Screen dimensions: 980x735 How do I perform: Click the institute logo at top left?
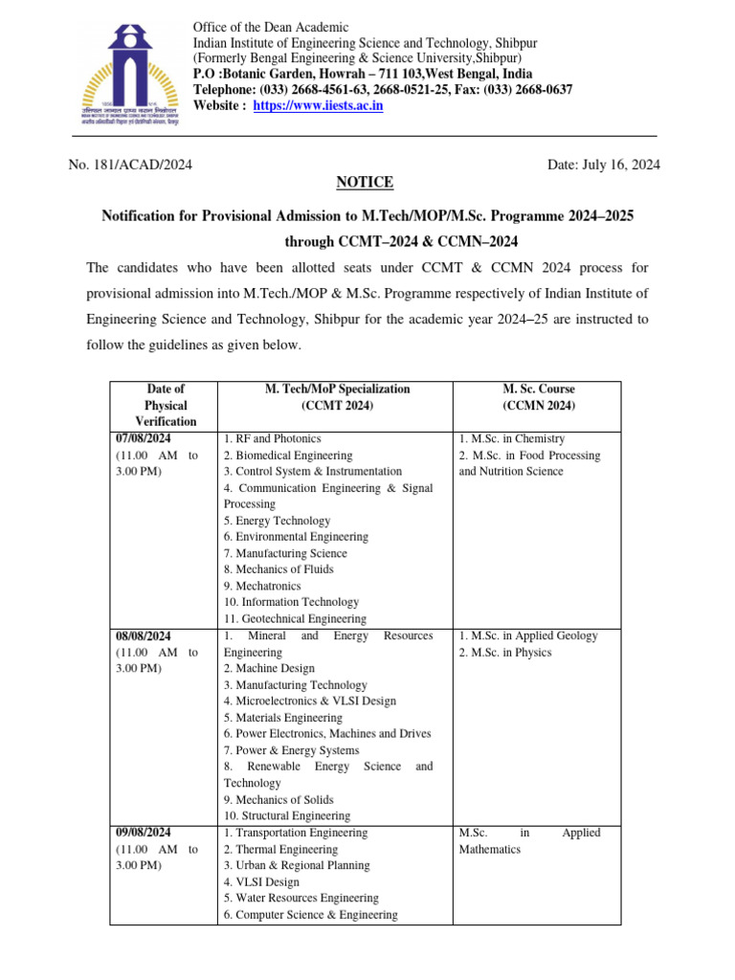130,66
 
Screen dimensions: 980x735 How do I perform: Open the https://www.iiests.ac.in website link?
318,105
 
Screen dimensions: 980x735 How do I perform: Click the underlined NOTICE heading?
365,183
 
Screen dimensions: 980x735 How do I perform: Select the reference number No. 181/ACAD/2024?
131,165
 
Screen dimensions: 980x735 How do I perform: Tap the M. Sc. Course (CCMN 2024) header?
538,397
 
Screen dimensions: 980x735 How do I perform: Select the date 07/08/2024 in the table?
144,438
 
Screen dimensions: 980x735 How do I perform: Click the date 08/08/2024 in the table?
144,635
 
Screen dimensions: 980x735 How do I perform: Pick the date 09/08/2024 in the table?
144,833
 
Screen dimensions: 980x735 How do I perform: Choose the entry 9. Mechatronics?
262,586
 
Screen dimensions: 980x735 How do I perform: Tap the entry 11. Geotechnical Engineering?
295,619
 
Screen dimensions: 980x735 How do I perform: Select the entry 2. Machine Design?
269,668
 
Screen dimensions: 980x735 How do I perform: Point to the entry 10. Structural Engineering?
287,815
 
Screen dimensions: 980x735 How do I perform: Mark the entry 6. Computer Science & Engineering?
310,914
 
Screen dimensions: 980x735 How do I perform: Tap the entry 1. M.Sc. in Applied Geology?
528,635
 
